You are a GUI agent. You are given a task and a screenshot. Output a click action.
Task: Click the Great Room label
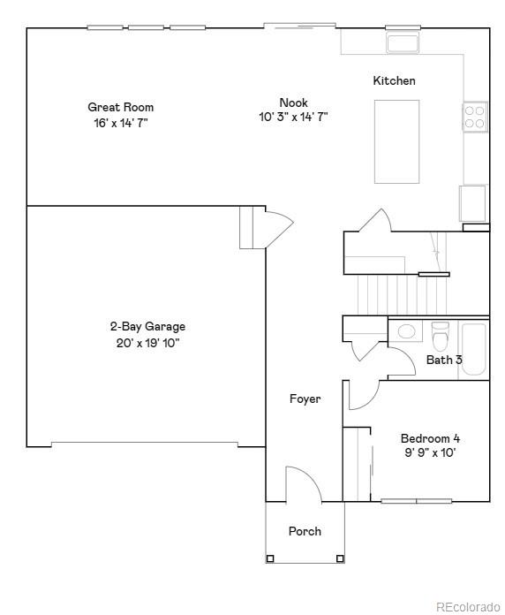click(120, 108)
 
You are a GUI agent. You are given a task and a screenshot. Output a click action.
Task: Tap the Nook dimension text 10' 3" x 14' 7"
click(293, 117)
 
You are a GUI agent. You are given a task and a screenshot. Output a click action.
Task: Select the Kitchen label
click(394, 81)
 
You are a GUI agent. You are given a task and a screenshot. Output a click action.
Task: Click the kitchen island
click(397, 141)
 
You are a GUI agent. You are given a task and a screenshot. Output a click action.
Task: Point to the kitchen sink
click(403, 42)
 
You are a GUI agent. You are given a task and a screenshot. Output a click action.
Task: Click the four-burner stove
click(475, 117)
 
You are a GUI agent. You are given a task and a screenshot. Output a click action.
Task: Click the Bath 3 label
click(444, 360)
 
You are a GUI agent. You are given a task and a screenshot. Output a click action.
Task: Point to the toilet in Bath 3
click(440, 336)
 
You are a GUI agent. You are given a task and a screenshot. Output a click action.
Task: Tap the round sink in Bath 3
click(406, 332)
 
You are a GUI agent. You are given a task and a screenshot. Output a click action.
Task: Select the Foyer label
click(305, 399)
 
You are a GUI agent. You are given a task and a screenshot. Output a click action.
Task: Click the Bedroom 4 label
click(430, 438)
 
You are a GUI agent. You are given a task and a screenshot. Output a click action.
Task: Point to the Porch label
click(305, 531)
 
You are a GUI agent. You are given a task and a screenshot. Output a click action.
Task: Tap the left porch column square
click(270, 558)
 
